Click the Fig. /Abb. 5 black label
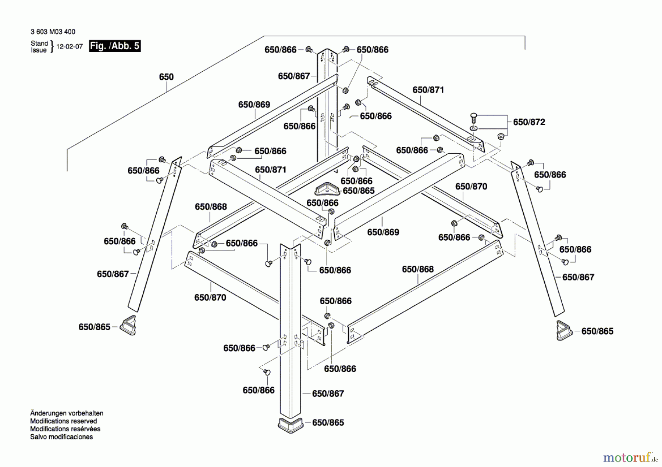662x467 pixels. point(115,46)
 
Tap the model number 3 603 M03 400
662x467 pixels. point(53,32)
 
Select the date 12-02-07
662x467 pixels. point(70,47)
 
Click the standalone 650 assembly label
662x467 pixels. point(166,77)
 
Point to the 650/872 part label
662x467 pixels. point(529,122)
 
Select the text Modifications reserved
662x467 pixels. point(64,421)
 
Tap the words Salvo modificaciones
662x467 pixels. point(61,437)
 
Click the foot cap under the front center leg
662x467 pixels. point(291,425)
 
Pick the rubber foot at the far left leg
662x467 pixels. point(129,325)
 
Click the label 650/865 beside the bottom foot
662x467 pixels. point(328,423)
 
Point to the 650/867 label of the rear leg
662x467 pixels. point(294,76)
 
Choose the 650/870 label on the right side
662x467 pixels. point(471,187)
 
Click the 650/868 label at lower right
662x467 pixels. point(418,269)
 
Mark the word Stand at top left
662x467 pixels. point(39,43)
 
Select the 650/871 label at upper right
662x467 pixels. point(428,90)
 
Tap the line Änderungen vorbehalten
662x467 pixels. point(67,413)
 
